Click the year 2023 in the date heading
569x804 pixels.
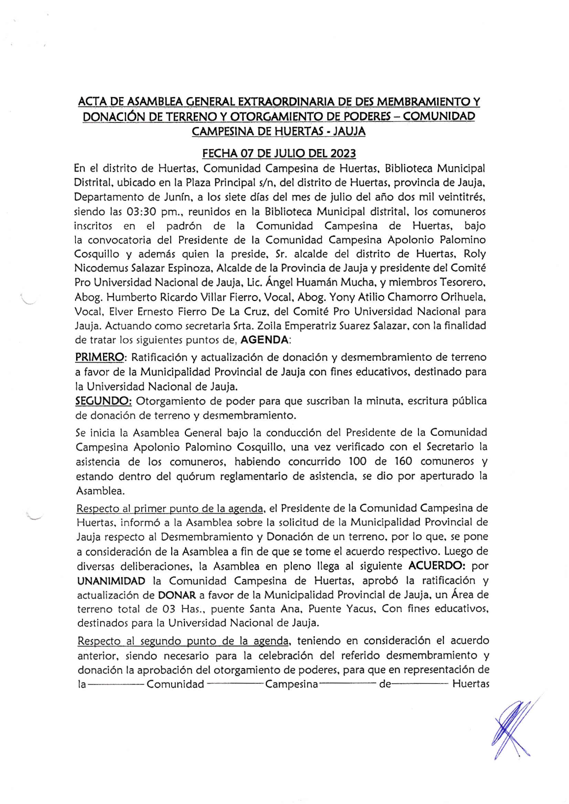pyautogui.click(x=343, y=153)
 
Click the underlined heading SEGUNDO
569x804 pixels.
pyautogui.click(x=103, y=401)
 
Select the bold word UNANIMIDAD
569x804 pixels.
pyautogui.click(x=111, y=581)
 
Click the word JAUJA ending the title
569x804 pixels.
pyautogui.click(x=350, y=131)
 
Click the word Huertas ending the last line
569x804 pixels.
pyautogui.click(x=470, y=684)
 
